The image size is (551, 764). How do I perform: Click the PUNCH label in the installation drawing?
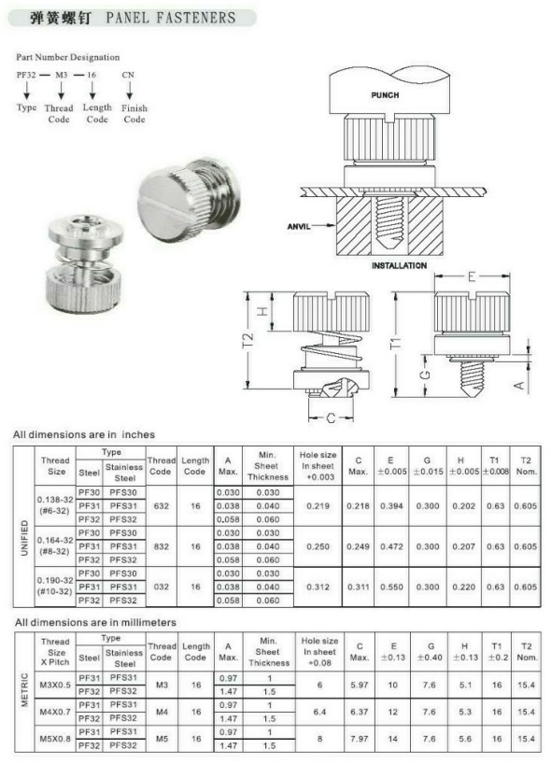click(385, 95)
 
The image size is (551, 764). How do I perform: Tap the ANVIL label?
click(299, 226)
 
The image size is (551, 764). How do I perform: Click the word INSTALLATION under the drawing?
click(399, 265)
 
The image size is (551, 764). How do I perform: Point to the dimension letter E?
click(471, 276)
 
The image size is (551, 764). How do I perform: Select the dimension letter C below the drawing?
click(331, 418)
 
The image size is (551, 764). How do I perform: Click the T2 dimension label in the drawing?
click(248, 341)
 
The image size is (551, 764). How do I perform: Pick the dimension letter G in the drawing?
click(425, 375)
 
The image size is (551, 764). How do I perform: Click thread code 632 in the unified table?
click(162, 506)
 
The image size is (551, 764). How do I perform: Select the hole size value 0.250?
click(318, 546)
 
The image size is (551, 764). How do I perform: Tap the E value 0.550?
click(391, 587)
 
